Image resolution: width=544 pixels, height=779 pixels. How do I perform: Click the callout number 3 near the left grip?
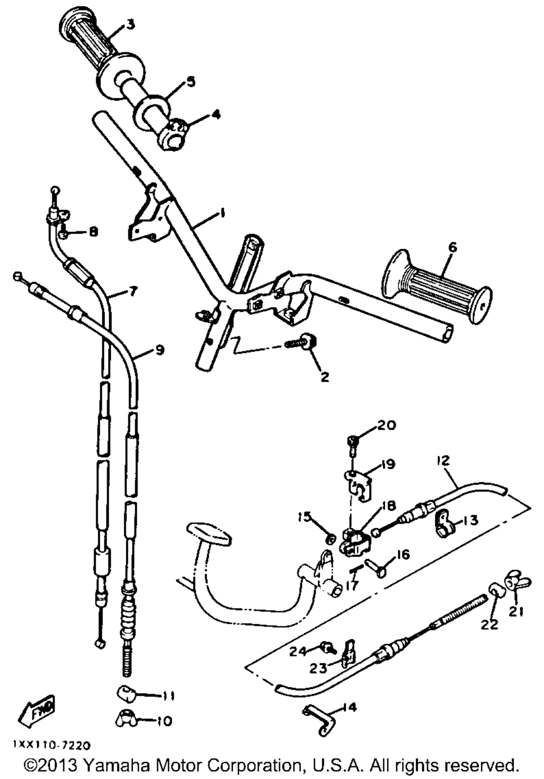click(131, 24)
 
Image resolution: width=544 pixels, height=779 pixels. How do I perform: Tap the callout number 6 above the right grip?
click(452, 247)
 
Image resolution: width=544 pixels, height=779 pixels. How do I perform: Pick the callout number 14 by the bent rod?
click(351, 708)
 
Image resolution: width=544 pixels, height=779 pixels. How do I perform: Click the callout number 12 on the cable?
click(443, 461)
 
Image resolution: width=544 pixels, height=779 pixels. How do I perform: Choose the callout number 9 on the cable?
click(159, 350)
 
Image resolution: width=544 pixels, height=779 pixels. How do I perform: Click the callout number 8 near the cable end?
click(94, 232)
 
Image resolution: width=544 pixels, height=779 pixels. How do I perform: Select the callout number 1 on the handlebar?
click(221, 213)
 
